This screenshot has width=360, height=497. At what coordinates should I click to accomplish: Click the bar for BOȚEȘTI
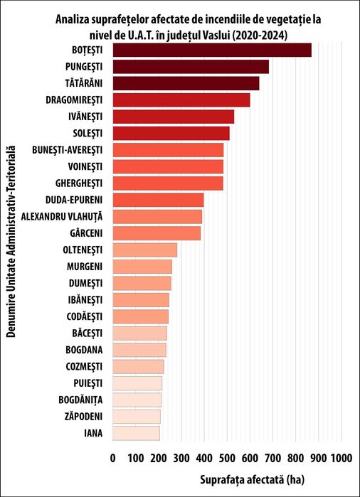pos(212,50)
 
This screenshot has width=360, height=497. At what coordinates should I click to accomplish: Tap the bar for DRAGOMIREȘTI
pos(181,100)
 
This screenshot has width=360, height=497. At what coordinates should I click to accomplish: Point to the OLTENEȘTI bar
pos(145,250)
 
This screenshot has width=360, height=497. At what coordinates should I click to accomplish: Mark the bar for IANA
pos(136,432)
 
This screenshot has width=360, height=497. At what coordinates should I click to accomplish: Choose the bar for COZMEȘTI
pos(138,366)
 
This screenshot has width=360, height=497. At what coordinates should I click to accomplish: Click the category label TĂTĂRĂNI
pos(78,83)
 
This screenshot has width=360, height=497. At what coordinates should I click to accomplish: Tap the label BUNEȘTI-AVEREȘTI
pos(68,150)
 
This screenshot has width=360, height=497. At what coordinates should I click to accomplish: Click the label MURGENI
pos(84,267)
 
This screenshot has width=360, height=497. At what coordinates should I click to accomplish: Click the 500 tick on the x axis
pos(227,458)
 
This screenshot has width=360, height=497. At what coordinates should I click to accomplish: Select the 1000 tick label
pos(341,458)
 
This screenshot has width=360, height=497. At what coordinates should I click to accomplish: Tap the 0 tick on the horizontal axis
pos(113,458)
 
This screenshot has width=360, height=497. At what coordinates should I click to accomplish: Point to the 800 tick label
pos(295,458)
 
